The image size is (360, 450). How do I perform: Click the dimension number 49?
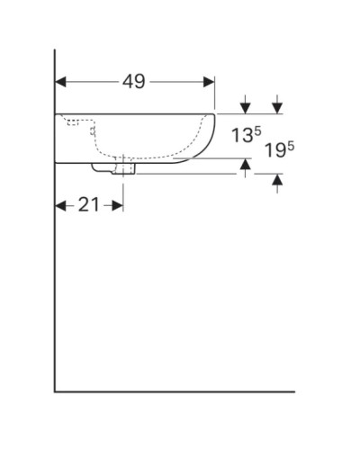tap(135, 82)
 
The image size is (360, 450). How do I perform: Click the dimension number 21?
tap(88, 205)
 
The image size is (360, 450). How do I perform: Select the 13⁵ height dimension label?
tap(246, 136)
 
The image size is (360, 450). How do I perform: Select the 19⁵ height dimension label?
tap(280, 150)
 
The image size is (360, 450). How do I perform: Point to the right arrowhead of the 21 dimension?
tap(117, 206)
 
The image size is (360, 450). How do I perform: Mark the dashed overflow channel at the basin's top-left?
tap(76, 120)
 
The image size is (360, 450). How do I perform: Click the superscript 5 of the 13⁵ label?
tap(257, 131)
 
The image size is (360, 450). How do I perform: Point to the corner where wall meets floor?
tap(55, 392)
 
